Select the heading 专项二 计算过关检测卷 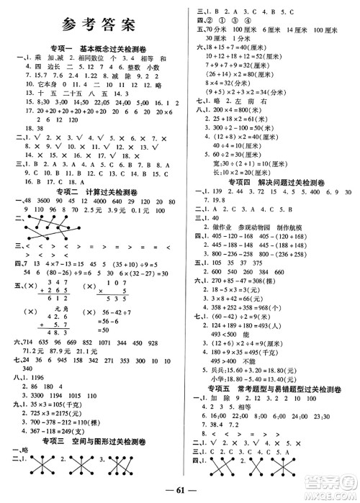[91, 191]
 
